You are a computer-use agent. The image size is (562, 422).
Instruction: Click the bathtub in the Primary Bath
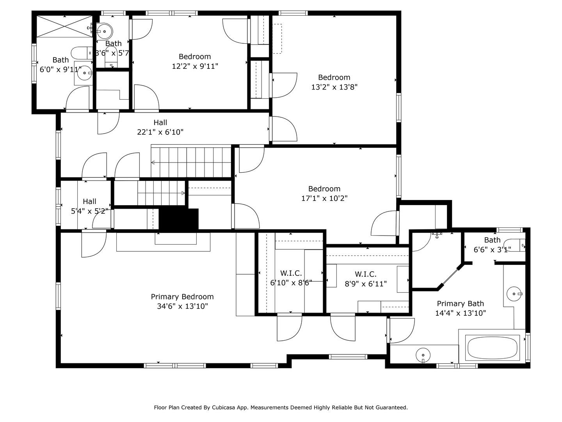click(492, 348)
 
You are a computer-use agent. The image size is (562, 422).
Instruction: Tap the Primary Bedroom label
click(182, 297)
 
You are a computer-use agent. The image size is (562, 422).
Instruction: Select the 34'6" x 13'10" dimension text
click(182, 306)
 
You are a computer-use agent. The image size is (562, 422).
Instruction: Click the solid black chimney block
click(179, 219)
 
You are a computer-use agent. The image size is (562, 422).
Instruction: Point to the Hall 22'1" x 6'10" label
click(160, 127)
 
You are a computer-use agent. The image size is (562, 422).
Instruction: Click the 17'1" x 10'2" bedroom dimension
click(324, 198)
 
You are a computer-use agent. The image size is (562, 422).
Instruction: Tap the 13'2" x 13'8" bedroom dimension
click(334, 87)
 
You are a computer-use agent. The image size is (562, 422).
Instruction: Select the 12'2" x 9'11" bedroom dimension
click(195, 66)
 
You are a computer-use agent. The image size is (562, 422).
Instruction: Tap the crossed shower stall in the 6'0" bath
click(64, 27)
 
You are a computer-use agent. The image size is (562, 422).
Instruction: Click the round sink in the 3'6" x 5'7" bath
click(105, 32)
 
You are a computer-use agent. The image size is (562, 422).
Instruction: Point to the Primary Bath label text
click(461, 304)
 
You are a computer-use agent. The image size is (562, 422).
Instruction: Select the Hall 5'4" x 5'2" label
click(89, 206)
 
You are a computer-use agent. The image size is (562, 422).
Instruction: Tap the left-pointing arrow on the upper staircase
click(153, 163)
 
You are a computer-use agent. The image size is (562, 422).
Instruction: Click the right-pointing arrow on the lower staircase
click(183, 193)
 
